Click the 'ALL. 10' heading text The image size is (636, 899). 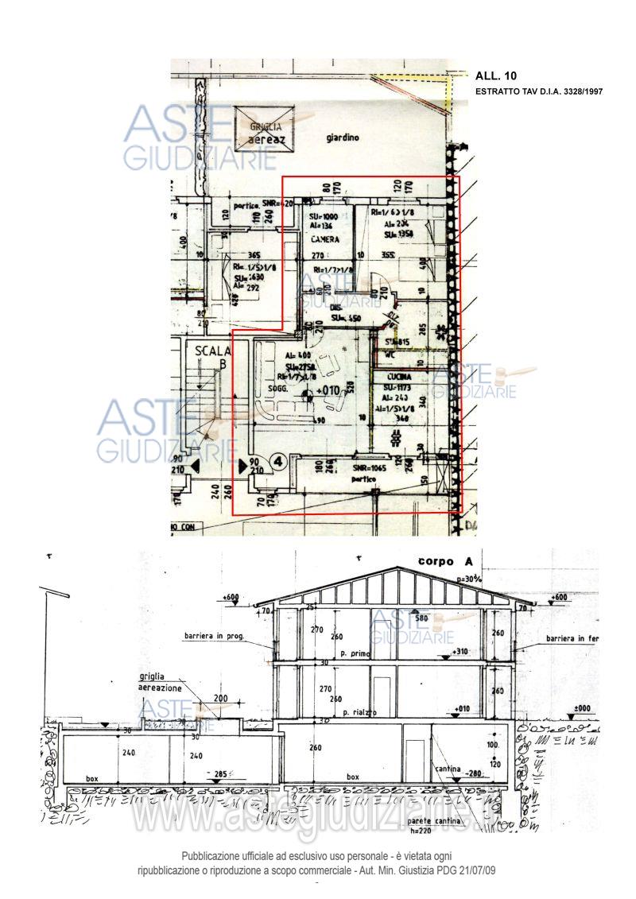[x=496, y=76]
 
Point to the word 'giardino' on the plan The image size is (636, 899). [x=343, y=138]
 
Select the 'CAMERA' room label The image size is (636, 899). [x=325, y=239]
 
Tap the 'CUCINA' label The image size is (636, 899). [x=399, y=376]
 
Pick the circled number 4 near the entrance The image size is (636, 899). [x=278, y=460]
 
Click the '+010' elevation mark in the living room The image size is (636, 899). [x=327, y=390]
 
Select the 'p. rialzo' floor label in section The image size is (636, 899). [x=359, y=712]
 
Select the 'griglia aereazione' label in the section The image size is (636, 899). [x=157, y=682]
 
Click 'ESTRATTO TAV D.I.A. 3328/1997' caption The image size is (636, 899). [x=539, y=92]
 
